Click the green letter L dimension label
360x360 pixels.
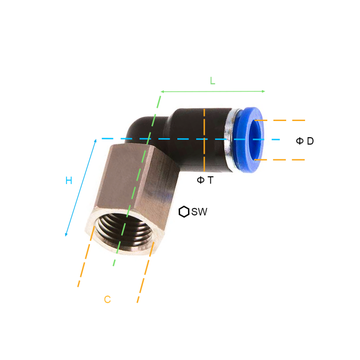coord(212,81)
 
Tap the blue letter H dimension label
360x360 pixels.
coord(69,180)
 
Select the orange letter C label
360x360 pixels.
coord(108,299)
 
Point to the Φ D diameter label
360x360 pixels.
coord(305,141)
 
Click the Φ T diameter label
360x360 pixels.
coord(205,180)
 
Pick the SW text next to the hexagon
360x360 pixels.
coord(199,211)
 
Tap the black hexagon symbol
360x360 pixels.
coord(184,211)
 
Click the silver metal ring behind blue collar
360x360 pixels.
coord(229,140)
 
